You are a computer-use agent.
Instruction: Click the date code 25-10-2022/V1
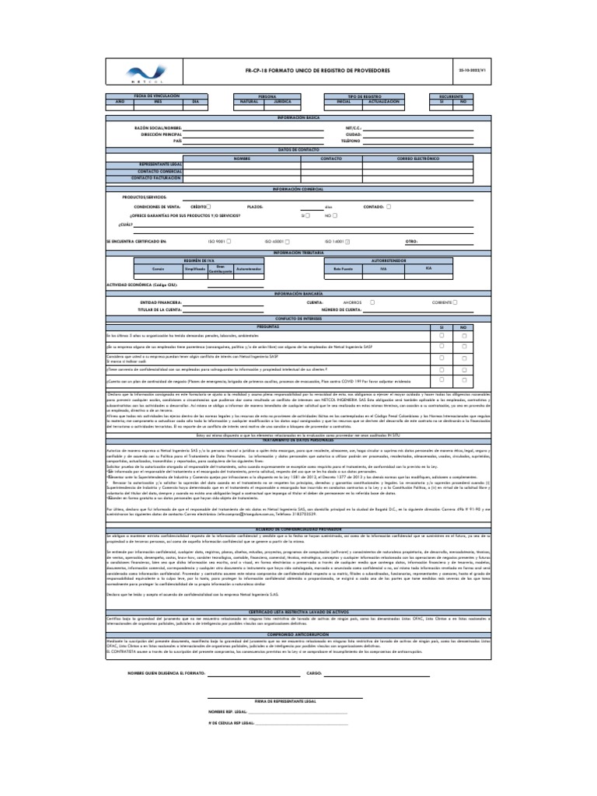pyautogui.click(x=473, y=70)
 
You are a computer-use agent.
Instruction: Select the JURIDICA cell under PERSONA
pyautogui.click(x=283, y=102)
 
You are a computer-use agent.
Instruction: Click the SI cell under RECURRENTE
pyautogui.click(x=442, y=102)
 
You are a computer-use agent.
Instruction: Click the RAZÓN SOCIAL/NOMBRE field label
pyautogui.click(x=158, y=126)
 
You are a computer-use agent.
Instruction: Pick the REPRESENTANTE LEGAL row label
pyautogui.click(x=161, y=165)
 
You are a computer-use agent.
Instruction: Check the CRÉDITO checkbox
pyautogui.click(x=208, y=207)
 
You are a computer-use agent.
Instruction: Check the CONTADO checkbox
pyautogui.click(x=389, y=207)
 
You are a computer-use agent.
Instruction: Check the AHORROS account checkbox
pyautogui.click(x=372, y=302)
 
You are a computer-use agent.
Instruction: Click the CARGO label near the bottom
pyautogui.click(x=314, y=673)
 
